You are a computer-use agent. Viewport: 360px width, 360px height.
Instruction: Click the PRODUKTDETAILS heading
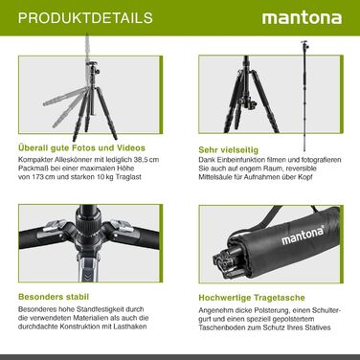[x=85, y=18]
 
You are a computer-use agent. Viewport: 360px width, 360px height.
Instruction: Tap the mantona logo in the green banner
[x=302, y=18]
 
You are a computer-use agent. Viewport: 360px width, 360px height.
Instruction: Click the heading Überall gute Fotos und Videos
[x=81, y=147]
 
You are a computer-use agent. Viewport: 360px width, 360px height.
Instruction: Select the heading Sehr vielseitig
[x=229, y=149]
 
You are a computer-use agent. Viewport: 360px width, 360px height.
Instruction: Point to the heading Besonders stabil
[x=54, y=297]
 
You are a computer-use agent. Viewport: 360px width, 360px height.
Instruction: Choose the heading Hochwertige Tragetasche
[x=252, y=298]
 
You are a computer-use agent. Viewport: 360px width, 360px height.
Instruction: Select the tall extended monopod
[x=304, y=96]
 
